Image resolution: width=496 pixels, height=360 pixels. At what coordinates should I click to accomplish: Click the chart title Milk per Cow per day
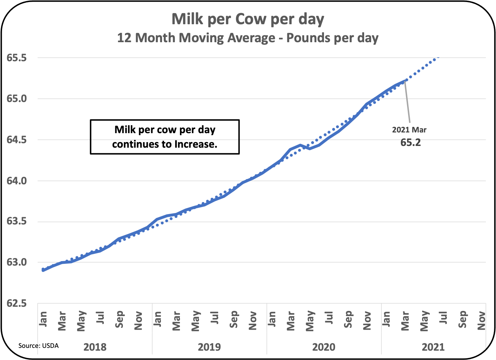pos(248,19)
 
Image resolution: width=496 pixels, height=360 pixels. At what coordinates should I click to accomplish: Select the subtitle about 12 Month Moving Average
pos(248,38)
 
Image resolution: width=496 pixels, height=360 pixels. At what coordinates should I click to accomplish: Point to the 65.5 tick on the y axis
pos(17,58)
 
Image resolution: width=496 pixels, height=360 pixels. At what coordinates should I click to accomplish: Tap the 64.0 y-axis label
pos(17,181)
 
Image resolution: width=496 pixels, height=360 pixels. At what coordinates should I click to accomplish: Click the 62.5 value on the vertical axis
pos(17,304)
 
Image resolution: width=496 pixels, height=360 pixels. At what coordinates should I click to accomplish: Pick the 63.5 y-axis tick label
pos(17,222)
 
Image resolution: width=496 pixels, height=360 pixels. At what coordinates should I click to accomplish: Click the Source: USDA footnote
pos(38,345)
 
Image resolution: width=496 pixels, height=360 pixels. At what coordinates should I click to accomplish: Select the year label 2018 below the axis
pos(95,347)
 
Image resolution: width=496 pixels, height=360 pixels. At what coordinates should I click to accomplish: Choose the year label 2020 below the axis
pos(324,347)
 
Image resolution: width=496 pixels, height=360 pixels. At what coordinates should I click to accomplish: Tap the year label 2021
pos(433,347)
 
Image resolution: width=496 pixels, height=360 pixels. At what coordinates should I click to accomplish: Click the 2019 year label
pos(209,347)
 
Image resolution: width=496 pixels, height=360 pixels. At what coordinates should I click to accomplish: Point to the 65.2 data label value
pos(411,142)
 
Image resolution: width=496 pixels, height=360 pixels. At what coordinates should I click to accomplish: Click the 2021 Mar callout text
pos(409,130)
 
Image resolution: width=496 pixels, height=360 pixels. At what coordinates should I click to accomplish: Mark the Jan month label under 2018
pos(43,319)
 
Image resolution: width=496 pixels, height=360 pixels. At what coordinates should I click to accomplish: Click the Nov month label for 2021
pos(481,321)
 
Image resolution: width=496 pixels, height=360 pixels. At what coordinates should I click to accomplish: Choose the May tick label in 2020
pos(310,321)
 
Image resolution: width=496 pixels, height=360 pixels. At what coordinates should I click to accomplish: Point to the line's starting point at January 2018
pos(43,270)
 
